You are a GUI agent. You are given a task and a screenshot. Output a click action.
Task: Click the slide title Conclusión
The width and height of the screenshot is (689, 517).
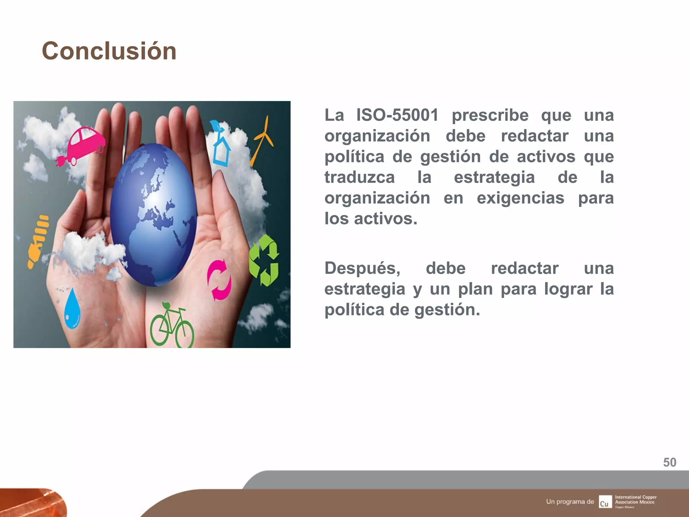click(x=109, y=51)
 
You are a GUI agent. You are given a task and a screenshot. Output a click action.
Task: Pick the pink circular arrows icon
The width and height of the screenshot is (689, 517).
click(x=219, y=280)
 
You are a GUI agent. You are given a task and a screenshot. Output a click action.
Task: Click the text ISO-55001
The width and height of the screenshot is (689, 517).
click(x=397, y=115)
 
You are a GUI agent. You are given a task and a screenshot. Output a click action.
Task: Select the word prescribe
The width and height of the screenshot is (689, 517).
click(x=490, y=115)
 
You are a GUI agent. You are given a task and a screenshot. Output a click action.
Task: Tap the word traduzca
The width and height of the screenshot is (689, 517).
click(x=359, y=177)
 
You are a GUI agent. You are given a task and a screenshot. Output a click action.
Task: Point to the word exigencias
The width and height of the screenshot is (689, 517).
click(x=520, y=198)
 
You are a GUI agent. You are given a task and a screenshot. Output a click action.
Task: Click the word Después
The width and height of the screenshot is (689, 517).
click(x=362, y=268)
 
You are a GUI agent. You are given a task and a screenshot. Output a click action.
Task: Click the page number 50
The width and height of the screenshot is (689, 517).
click(x=669, y=462)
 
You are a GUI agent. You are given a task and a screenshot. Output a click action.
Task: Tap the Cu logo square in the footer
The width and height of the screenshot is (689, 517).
click(x=605, y=502)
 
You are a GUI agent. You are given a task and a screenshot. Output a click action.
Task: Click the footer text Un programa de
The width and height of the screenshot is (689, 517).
click(x=570, y=502)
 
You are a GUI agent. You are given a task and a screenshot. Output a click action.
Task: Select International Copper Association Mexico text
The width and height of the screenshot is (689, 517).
click(x=636, y=500)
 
